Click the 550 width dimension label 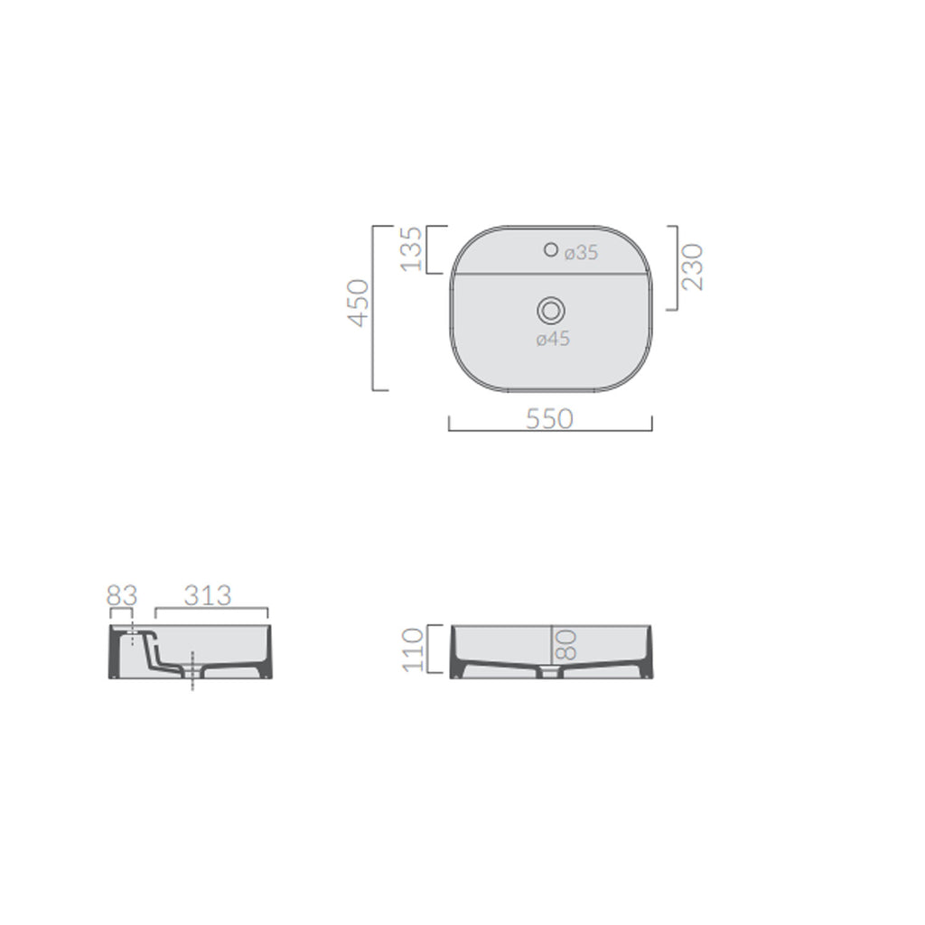550,418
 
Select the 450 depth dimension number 360,302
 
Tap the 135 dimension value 411,248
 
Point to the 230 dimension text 693,266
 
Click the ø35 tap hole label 581,254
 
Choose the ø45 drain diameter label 551,340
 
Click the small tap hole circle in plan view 550,249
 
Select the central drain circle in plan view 550,311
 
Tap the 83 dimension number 121,596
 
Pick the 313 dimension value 209,596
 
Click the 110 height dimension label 414,649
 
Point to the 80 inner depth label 566,644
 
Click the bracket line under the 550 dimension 550,430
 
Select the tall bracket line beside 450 373,308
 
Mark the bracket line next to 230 677,267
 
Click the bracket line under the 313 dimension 211,608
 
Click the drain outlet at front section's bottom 550,673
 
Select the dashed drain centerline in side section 192,672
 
